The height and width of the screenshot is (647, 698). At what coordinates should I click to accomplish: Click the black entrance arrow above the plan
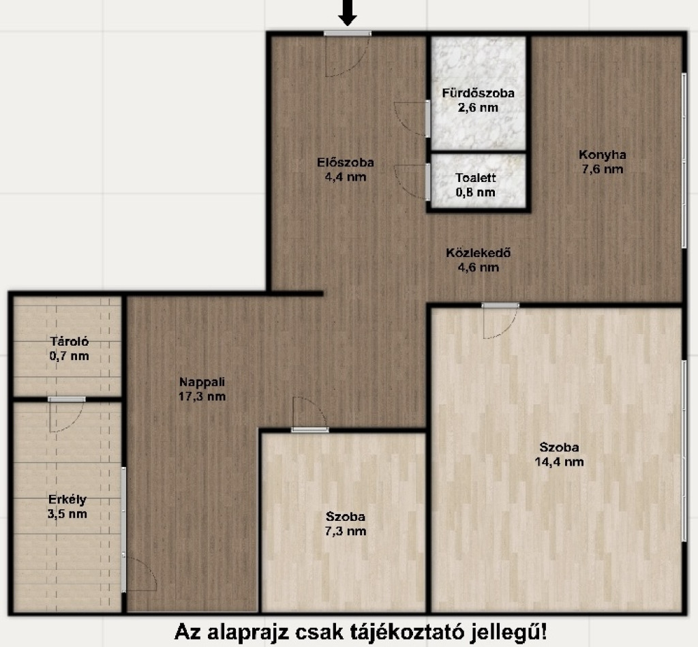[347, 12]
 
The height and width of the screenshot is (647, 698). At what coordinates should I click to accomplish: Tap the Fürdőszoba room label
[478, 93]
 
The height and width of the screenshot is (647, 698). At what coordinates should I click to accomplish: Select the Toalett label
[475, 178]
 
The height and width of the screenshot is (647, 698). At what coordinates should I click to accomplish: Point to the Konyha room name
[603, 155]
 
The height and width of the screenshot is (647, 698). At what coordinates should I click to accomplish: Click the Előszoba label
[346, 162]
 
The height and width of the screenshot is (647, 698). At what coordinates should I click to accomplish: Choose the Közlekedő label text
[478, 253]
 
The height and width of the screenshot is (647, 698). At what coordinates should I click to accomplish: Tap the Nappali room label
[202, 382]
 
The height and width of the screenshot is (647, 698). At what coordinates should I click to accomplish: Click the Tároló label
[70, 342]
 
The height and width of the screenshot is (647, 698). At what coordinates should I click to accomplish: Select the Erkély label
[67, 499]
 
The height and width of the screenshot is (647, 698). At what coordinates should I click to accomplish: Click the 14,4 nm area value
[559, 462]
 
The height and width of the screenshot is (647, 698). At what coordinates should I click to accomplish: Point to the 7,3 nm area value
[346, 531]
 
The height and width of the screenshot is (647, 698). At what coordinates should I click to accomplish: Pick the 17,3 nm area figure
[202, 396]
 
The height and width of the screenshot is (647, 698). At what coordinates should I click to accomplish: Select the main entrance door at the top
[347, 33]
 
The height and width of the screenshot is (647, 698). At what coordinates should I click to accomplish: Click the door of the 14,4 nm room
[500, 305]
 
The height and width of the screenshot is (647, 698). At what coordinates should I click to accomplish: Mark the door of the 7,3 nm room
[310, 430]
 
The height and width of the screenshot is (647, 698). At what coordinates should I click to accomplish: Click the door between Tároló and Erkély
[67, 399]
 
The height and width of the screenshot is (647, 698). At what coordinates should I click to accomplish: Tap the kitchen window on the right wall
[684, 160]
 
